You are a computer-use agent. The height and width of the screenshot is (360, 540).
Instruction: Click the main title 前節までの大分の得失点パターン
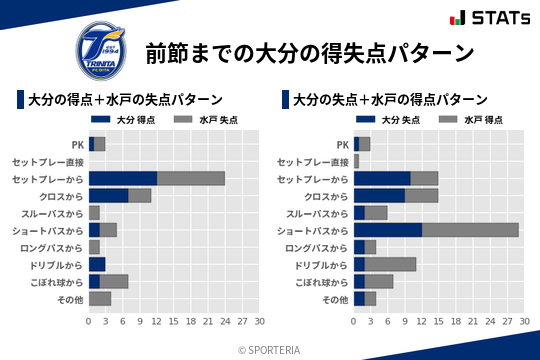pyautogui.click(x=309, y=52)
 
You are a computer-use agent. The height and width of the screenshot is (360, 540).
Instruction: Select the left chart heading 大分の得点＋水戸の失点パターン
pyautogui.click(x=125, y=100)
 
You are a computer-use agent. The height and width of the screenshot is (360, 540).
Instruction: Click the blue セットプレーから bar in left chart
pyautogui.click(x=122, y=178)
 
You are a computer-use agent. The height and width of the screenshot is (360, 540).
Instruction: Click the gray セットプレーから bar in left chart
pyautogui.click(x=191, y=178)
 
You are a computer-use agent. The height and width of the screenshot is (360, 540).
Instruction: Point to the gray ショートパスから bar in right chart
pyautogui.click(x=470, y=230)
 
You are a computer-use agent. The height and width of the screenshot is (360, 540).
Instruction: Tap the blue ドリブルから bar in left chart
pyautogui.click(x=96, y=264)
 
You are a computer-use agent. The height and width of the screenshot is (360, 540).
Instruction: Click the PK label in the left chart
pyautogui.click(x=77, y=144)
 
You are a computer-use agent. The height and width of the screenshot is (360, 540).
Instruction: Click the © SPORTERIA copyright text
pyautogui.click(x=270, y=349)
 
